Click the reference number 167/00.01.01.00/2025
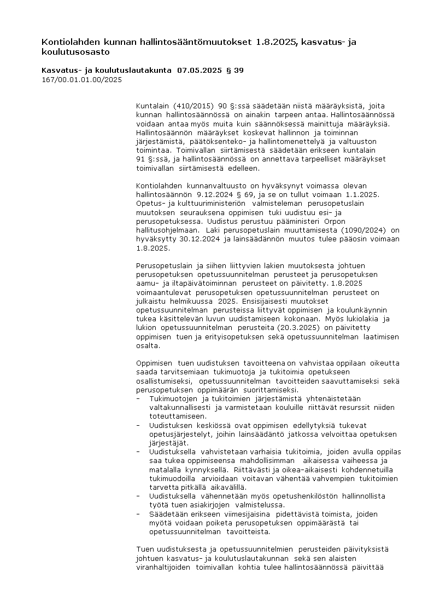point(81,79)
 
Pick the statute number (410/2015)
point(193,106)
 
